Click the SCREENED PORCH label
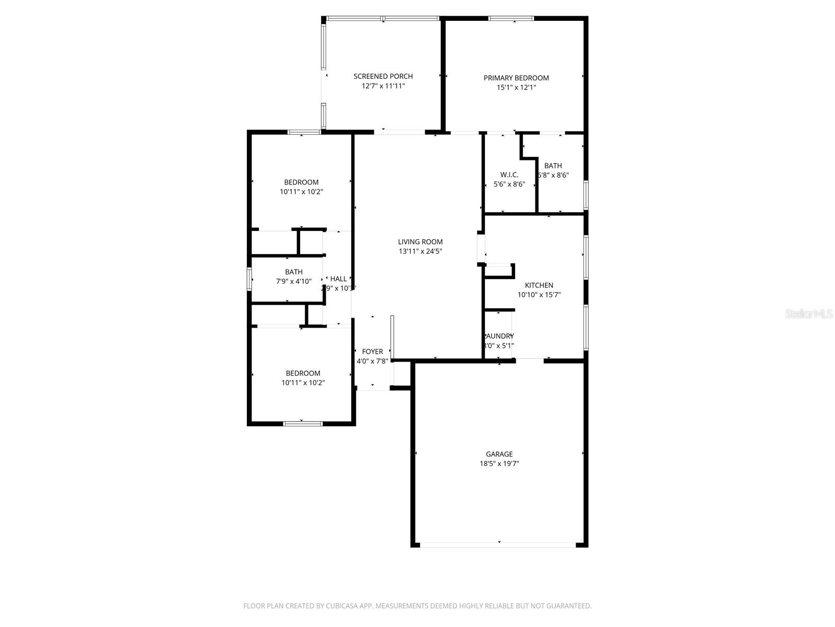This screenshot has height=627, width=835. tap(383, 76)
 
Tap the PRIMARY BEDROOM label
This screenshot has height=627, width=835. tap(516, 78)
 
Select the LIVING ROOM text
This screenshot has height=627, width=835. tap(420, 241)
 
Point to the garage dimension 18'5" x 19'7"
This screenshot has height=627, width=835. tap(499, 463)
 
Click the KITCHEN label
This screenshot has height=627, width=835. tap(539, 285)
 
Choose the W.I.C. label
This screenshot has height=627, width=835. tap(509, 175)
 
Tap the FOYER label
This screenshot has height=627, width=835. tap(372, 352)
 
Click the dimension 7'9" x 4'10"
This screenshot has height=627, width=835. tap(294, 281)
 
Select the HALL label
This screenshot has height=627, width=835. tap(338, 279)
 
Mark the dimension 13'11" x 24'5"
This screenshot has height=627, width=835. tap(420, 251)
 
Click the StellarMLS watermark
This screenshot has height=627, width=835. tap(809, 314)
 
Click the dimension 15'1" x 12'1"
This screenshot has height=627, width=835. tap(516, 88)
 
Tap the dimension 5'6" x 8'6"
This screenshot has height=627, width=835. tap(509, 184)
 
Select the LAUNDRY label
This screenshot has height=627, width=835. tap(499, 336)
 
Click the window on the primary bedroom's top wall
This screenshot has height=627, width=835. tap(511, 19)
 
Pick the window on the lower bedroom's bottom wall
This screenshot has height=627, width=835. tap(303, 423)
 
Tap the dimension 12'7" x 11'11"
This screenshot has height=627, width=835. tap(383, 86)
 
